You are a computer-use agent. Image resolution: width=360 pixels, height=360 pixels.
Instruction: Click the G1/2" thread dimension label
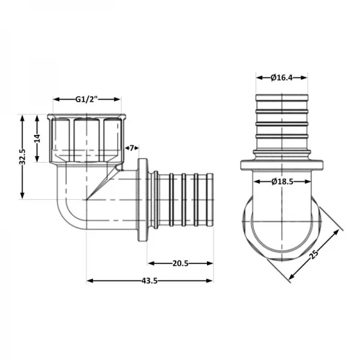pos(86,99)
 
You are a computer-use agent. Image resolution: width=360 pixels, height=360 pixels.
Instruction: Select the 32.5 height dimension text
pos(22,157)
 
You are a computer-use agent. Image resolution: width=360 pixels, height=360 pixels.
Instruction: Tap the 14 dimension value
pos(37,138)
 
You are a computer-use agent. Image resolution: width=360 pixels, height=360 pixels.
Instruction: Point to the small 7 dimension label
pos(131,148)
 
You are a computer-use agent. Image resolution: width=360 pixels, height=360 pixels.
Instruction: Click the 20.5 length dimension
pos(181,263)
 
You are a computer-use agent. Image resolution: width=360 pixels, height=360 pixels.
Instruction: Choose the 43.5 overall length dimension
pos(150,280)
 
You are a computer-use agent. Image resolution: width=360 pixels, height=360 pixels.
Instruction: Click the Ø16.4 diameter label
pos(282,77)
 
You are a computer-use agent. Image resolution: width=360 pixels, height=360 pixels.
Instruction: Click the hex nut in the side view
pos(86,138)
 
